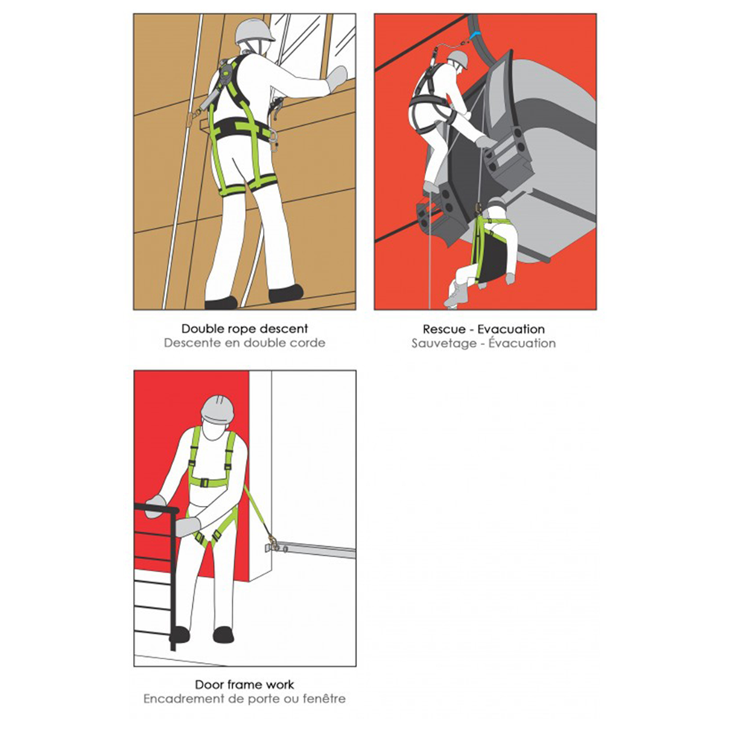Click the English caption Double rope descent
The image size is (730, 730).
click(x=245, y=328)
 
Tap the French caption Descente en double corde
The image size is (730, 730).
click(x=245, y=343)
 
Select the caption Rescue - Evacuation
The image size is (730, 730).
click(x=483, y=328)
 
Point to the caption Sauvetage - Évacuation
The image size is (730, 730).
click(x=483, y=343)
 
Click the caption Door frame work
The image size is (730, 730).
click(x=244, y=685)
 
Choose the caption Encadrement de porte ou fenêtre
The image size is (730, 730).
click(x=244, y=699)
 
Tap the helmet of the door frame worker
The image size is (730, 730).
click(x=219, y=410)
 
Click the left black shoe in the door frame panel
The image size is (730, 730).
click(x=180, y=635)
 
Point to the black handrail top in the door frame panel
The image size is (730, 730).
click(x=156, y=508)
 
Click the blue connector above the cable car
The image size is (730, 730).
click(x=476, y=34)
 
